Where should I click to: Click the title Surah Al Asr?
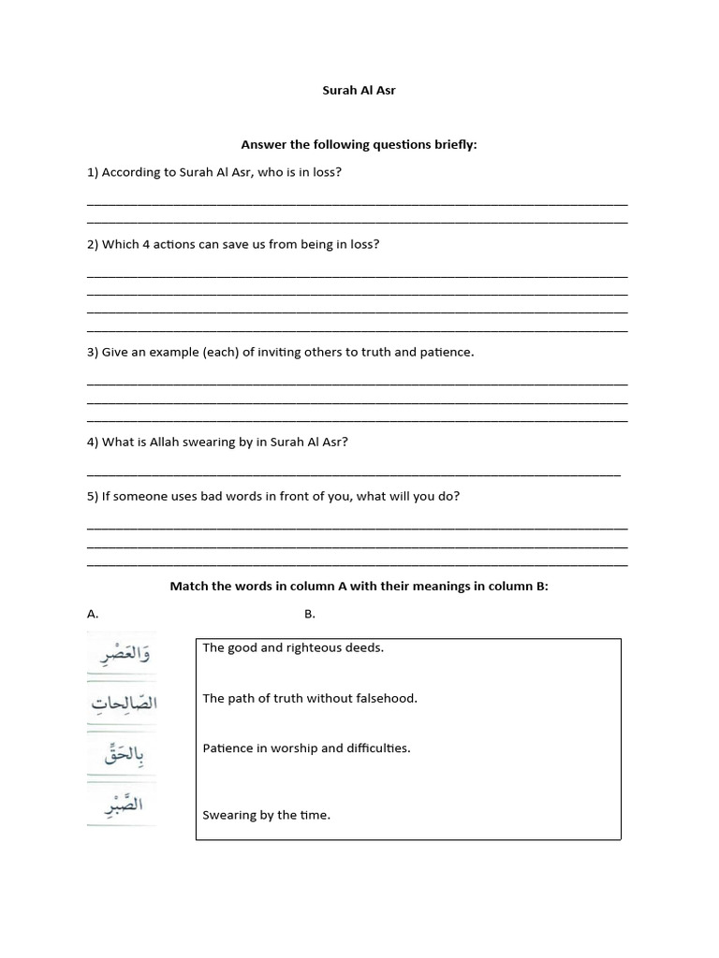pos(359,91)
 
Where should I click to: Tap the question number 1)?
pos(93,172)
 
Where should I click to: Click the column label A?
pos(93,614)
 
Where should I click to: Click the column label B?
pos(310,614)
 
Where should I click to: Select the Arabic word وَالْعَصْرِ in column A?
pos(122,654)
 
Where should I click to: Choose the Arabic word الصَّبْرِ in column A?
pos(122,804)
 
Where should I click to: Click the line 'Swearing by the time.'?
pos(266,815)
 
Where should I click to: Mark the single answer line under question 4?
pos(353,474)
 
